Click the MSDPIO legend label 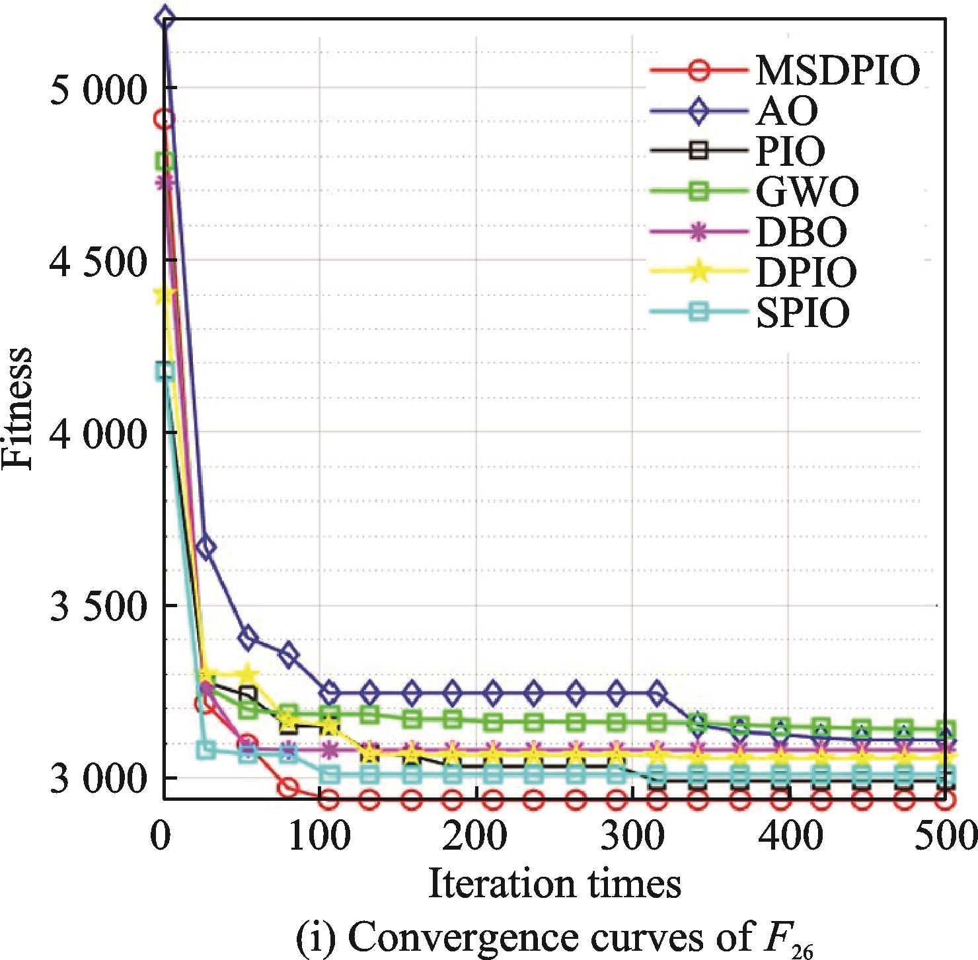click(837, 70)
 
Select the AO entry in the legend click(786, 111)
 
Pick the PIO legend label click(790, 151)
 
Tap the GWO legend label click(807, 192)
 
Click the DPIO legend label click(806, 272)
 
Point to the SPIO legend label click(802, 313)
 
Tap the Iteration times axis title click(554, 883)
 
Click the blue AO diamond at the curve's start click(165, 18)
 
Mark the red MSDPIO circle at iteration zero click(164, 120)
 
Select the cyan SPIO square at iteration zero click(165, 371)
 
